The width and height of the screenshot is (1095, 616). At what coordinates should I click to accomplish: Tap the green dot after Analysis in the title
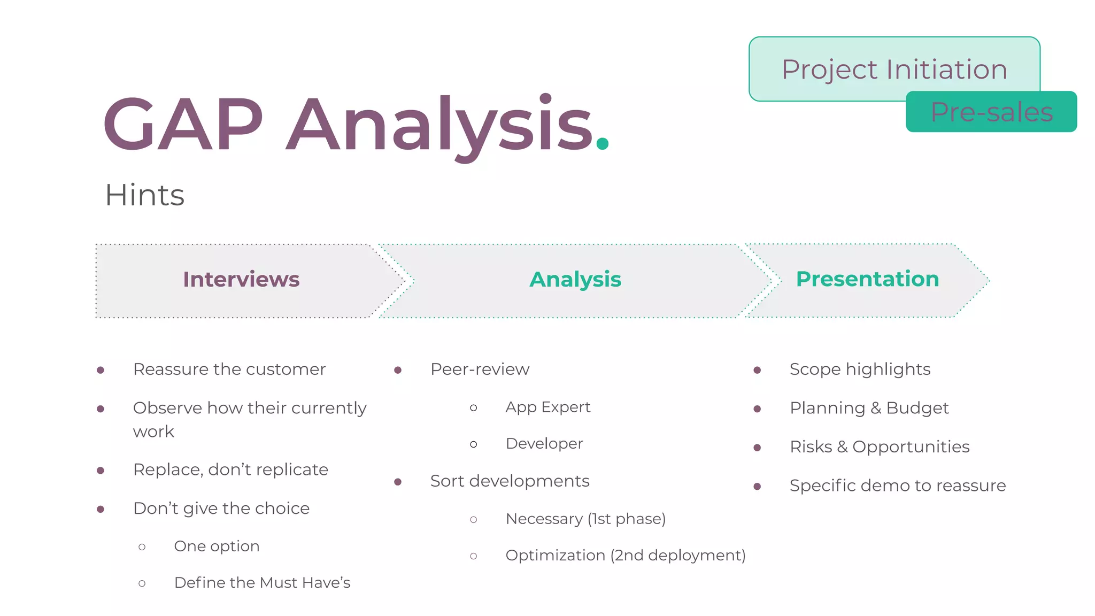tap(603, 143)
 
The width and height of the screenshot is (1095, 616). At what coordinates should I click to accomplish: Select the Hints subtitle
tap(144, 195)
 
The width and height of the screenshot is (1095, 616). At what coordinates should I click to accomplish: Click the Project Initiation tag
tap(894, 69)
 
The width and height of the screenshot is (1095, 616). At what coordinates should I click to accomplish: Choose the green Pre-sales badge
tap(991, 112)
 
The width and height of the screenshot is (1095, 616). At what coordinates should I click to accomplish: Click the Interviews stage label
tap(241, 279)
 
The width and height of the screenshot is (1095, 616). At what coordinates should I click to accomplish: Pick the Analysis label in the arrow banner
tap(575, 279)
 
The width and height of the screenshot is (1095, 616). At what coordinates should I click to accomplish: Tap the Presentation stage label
tap(867, 279)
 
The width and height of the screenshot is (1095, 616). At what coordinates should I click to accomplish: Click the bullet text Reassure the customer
tap(229, 369)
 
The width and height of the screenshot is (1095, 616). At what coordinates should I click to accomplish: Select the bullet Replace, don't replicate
tap(230, 469)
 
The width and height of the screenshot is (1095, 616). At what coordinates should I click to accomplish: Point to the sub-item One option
tap(217, 546)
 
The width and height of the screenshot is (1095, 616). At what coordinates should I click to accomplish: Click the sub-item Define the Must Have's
tap(262, 582)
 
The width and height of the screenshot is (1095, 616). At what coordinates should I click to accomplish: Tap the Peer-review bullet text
tap(480, 369)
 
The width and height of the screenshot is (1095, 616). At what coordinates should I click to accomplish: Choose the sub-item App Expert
tap(547, 407)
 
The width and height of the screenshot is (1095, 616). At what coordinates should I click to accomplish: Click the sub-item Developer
tap(544, 443)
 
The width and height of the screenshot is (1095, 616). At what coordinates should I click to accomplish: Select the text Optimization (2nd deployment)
tap(625, 555)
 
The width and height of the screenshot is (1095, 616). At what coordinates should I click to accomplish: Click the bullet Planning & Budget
tap(869, 408)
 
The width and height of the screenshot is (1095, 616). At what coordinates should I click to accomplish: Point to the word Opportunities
tap(911, 446)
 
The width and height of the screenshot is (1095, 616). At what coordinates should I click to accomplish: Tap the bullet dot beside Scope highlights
tap(757, 370)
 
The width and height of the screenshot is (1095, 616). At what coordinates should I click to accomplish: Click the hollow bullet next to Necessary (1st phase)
tap(474, 519)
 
